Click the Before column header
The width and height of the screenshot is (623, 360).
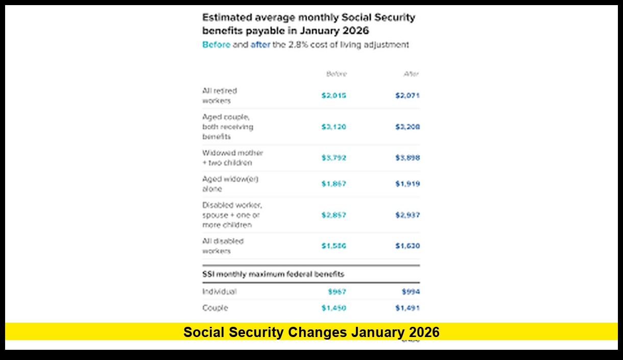[x=337, y=74]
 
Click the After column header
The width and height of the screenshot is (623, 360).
[x=411, y=74]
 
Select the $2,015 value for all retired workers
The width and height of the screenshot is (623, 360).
[x=333, y=95]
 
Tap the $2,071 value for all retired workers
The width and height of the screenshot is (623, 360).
[x=408, y=95]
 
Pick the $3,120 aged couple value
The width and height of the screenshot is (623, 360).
[x=333, y=127]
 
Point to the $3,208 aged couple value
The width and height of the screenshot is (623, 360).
[x=408, y=127]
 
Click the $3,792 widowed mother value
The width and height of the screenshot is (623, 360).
[x=333, y=158]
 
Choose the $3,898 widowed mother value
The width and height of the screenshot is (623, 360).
[x=408, y=158]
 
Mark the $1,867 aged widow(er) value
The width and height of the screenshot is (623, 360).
[x=333, y=184]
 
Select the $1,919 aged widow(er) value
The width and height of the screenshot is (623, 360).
[x=408, y=184]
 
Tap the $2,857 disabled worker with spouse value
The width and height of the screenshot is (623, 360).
[x=333, y=215]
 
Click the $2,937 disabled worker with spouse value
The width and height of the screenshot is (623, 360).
[x=408, y=215]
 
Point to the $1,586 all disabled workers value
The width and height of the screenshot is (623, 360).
[x=333, y=246]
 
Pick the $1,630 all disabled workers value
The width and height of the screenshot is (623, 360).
[x=408, y=246]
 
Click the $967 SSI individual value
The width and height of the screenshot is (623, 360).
[x=337, y=292]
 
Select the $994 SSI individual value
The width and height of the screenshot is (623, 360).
[x=411, y=292]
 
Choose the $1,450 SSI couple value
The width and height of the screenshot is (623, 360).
[x=333, y=308]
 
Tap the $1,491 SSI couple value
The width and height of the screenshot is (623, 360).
[x=408, y=308]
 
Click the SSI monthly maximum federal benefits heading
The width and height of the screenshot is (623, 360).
[x=273, y=274]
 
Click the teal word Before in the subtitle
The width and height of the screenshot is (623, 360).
[x=216, y=45]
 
